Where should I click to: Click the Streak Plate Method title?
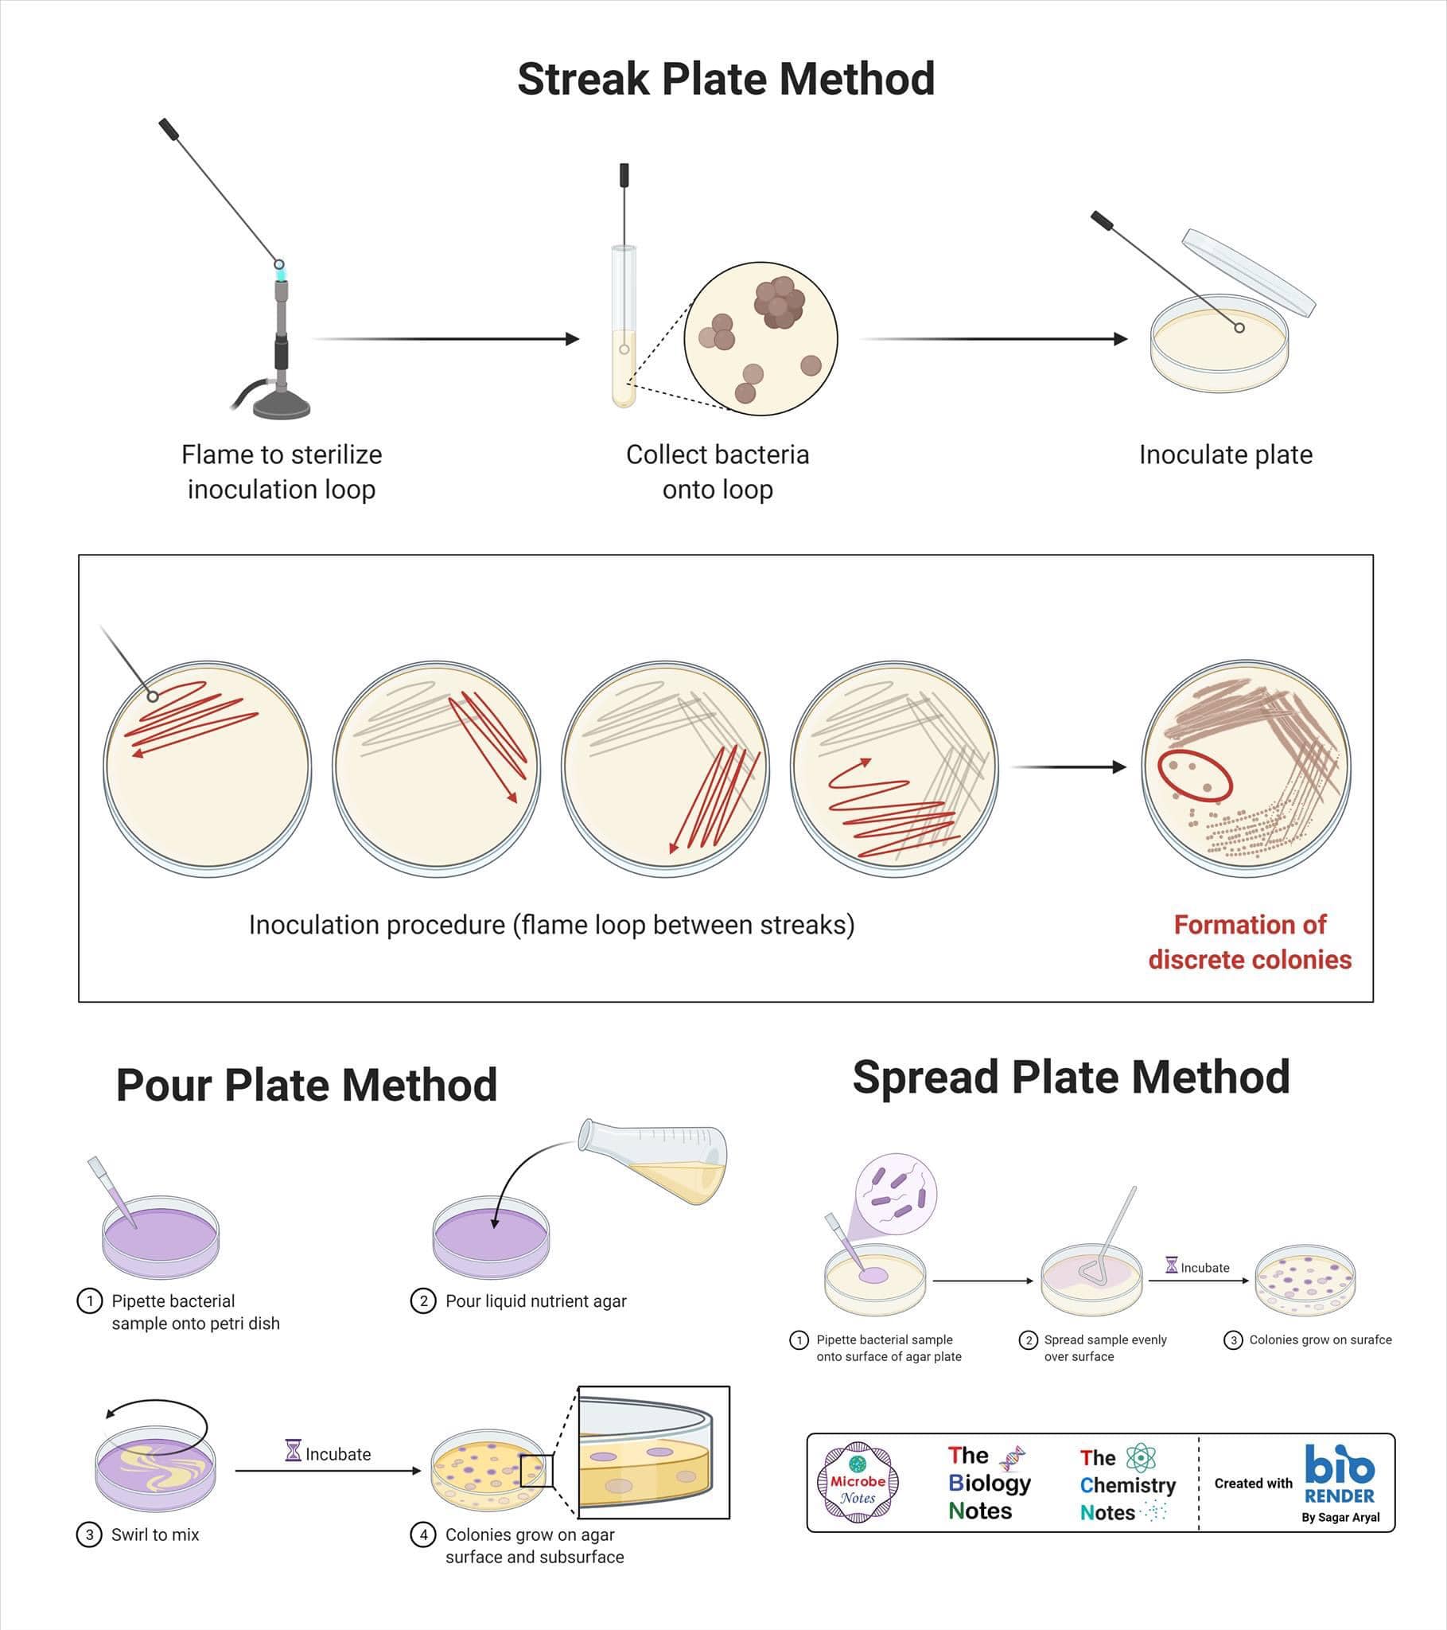[725, 79]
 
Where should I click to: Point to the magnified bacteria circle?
[760, 338]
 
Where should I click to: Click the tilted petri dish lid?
[1247, 272]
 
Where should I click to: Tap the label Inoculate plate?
[1225, 454]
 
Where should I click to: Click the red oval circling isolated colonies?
[1195, 774]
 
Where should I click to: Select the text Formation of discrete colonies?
[1249, 941]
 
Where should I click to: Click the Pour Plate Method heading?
[307, 1085]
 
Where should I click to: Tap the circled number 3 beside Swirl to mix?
[89, 1534]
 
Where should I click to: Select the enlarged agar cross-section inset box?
[654, 1453]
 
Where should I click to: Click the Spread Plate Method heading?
[1071, 1078]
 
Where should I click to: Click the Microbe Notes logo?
[858, 1484]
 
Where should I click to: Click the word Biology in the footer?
[990, 1484]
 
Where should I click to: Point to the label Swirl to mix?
[154, 1534]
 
